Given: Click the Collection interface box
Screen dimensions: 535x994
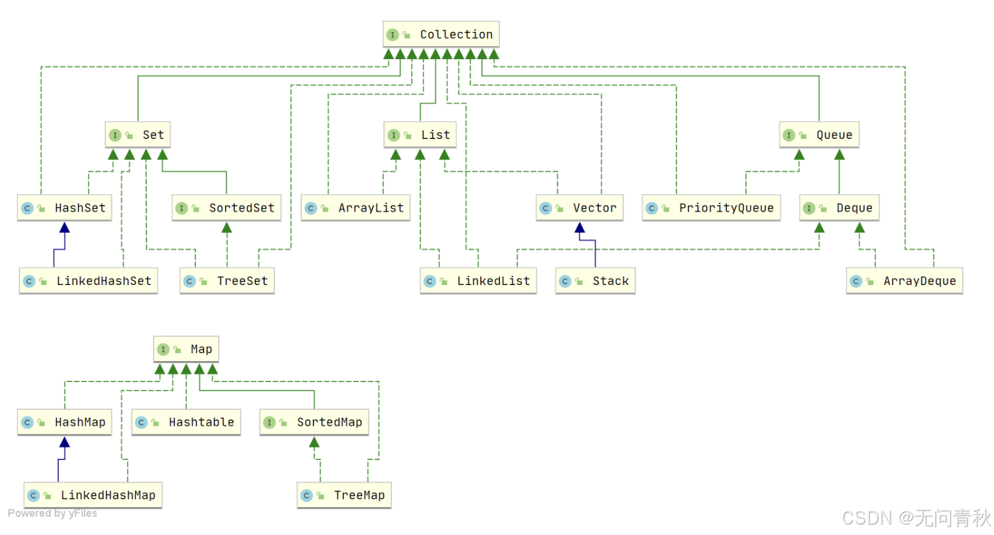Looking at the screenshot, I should (441, 34).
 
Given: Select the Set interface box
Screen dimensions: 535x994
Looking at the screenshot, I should (138, 135).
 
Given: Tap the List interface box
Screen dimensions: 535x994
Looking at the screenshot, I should (420, 135).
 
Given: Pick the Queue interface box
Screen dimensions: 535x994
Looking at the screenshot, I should (819, 135).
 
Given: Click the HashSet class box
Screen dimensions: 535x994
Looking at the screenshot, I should (64, 208).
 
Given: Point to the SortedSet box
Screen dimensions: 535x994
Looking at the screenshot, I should (226, 208).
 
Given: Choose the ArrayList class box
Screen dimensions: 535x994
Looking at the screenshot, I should (356, 208).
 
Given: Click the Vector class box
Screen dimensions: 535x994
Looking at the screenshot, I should (580, 208).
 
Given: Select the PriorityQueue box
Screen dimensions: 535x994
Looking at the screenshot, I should (711, 208).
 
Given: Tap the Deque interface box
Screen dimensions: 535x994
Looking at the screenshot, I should (839, 208).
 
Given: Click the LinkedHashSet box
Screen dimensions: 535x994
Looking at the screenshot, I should (88, 281).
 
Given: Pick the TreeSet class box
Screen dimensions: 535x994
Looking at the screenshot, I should (227, 281).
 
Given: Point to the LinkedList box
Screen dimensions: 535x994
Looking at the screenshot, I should (478, 281).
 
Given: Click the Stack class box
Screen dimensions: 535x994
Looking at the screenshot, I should (595, 281).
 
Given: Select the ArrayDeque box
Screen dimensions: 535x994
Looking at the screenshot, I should (904, 281).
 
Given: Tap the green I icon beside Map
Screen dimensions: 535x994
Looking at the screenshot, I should (163, 349).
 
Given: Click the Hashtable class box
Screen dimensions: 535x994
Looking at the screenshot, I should (186, 422).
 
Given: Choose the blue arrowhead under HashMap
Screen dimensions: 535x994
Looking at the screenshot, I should (64, 443).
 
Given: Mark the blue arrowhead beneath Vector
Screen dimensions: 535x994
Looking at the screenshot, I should (580, 228).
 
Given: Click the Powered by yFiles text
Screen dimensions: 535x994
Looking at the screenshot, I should (53, 514).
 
